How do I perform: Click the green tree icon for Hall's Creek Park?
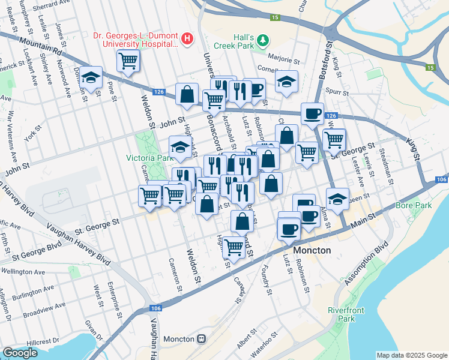tap(263, 40)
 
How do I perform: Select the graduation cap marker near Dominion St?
tap(91, 78)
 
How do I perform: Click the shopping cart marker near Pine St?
tap(128, 61)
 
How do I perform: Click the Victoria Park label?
tap(148, 158)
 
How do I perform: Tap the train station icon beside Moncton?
tap(201, 338)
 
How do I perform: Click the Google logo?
tap(20, 353)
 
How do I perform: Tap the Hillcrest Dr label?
tap(48, 341)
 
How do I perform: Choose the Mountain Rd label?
tap(41, 47)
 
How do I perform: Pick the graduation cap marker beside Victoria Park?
tap(181, 147)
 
